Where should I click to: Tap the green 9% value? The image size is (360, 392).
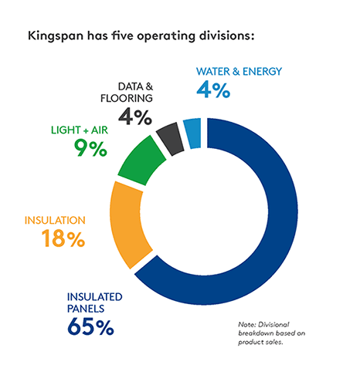[90, 147]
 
